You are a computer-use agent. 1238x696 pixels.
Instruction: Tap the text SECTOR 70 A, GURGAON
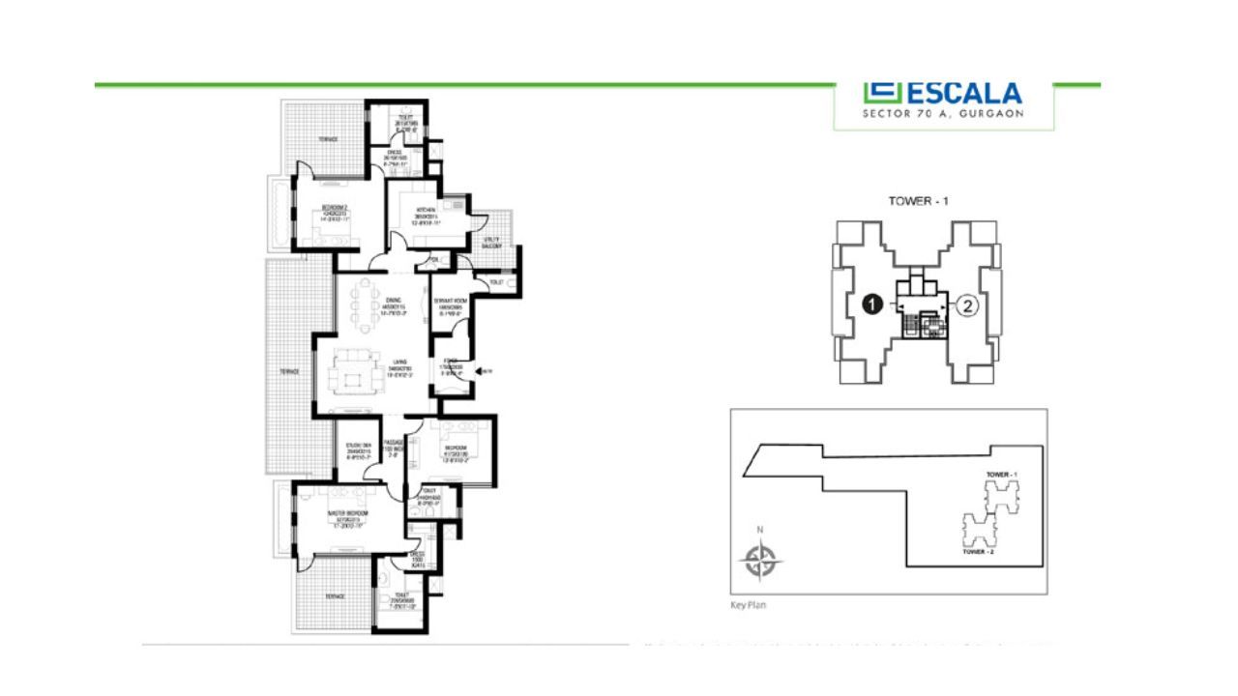pos(943,113)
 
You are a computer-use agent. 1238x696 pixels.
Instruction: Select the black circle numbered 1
pos(870,305)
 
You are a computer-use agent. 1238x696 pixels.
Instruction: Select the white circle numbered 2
pos(967,305)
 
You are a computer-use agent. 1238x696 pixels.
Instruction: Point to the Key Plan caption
pos(747,607)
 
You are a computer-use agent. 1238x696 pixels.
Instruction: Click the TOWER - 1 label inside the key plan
pos(1002,475)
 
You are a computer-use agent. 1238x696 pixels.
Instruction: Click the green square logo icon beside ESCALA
pos(882,94)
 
